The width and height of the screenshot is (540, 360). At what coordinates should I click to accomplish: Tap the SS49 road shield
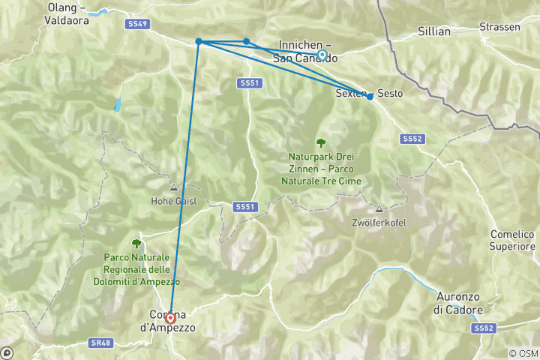[x=138, y=24]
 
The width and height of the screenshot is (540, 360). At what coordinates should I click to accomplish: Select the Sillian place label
[x=434, y=31]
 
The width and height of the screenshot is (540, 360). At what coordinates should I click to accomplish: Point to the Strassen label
[x=500, y=27]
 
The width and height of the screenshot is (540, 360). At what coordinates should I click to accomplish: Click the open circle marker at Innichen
[x=322, y=55]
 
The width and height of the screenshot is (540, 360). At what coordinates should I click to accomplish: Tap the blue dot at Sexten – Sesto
[x=370, y=96]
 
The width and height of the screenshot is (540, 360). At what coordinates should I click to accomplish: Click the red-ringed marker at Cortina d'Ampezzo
[x=170, y=318]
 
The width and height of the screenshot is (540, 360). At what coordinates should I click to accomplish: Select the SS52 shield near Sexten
[x=412, y=139]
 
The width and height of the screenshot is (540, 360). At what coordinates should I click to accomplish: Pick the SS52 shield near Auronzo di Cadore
[x=484, y=328]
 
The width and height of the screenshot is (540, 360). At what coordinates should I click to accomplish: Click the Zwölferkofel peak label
[x=378, y=223]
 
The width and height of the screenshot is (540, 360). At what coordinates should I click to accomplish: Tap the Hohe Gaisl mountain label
[x=173, y=200]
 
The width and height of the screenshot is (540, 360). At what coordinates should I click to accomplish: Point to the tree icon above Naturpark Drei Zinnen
[x=321, y=142]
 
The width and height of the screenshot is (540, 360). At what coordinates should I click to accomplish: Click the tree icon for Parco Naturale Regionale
[x=136, y=243]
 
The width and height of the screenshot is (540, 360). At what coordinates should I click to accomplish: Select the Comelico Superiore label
[x=512, y=240]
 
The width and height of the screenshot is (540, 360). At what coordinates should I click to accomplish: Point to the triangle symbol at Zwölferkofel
[x=379, y=210]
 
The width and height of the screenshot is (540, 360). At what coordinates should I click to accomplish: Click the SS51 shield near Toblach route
[x=250, y=82]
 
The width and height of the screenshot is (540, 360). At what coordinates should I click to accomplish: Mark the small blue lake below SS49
[x=117, y=104]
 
